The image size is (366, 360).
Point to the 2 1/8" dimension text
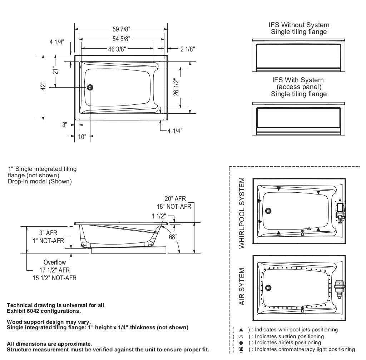pyautogui.click(x=188, y=49)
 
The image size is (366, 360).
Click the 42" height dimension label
pyautogui.click(x=43, y=87)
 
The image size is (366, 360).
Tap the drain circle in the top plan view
pyautogui.click(x=90, y=87)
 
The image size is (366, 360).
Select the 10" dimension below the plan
pyautogui.click(x=82, y=137)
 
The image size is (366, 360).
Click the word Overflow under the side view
pyautogui.click(x=54, y=262)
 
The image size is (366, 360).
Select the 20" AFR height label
pyautogui.click(x=175, y=199)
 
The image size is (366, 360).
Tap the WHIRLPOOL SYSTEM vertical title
pyautogui.click(x=242, y=213)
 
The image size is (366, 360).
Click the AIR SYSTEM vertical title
pyautogui.click(x=242, y=287)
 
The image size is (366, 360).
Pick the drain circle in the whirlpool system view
pyautogui.click(x=268, y=211)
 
